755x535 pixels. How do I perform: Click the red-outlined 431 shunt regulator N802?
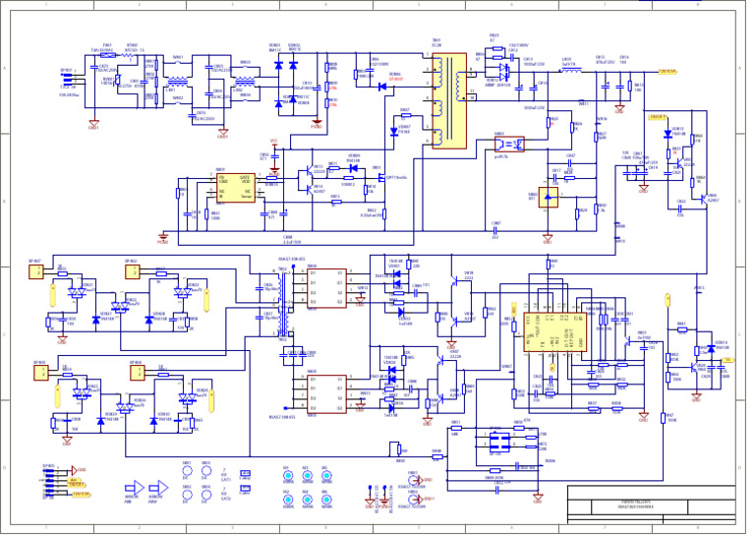550,196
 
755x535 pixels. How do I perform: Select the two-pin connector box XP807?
35,271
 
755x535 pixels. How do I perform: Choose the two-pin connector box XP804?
133,271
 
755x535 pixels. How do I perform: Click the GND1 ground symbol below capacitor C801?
94,125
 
